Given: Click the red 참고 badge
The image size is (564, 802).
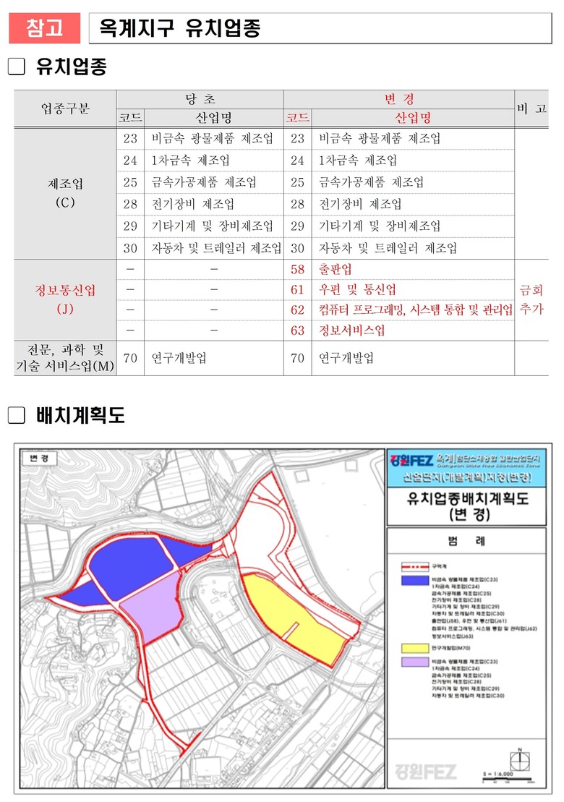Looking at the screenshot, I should pos(44,28).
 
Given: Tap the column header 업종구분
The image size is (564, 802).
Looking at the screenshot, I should pos(65,108).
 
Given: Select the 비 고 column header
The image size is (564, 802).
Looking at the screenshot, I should pos(531,108).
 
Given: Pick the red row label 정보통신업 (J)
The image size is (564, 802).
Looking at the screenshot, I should pos(65,299).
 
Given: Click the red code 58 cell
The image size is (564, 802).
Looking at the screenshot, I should pos(297,270).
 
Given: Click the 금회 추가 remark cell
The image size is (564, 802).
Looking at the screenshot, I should pos(531,299).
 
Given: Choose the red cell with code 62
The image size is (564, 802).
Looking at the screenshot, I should pos(297,310).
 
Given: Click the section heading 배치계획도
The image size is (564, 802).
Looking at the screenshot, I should pos(80,415).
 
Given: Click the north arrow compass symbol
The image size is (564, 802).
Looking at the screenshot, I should pos(519,760).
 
